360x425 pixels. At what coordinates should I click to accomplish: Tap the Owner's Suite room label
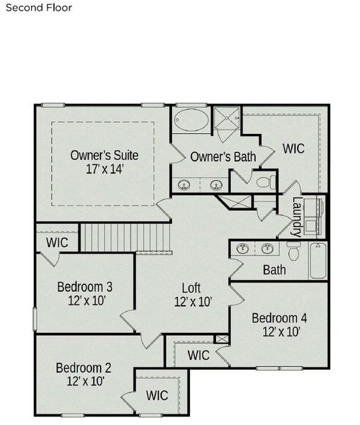(x=103, y=155)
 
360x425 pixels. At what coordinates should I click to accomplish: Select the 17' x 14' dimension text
(x=103, y=170)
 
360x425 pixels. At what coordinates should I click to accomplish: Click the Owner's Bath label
(x=223, y=157)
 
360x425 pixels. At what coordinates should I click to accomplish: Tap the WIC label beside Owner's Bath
(x=293, y=149)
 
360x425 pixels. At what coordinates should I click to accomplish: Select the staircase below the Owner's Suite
(x=126, y=237)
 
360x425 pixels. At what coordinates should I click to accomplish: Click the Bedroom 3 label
(x=85, y=287)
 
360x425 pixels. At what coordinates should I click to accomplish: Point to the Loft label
(x=191, y=288)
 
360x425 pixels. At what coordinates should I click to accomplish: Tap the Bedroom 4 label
(x=279, y=317)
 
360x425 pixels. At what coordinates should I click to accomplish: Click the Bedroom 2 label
(x=84, y=368)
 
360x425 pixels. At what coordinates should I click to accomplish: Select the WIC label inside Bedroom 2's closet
(x=157, y=395)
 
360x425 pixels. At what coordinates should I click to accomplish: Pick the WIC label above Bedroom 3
(x=57, y=242)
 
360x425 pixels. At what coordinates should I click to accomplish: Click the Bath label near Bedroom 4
(x=274, y=269)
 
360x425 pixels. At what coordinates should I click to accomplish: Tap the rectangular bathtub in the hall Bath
(x=317, y=261)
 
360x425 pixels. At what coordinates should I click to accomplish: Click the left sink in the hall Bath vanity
(x=243, y=249)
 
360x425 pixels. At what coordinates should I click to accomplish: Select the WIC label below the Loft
(x=198, y=356)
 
